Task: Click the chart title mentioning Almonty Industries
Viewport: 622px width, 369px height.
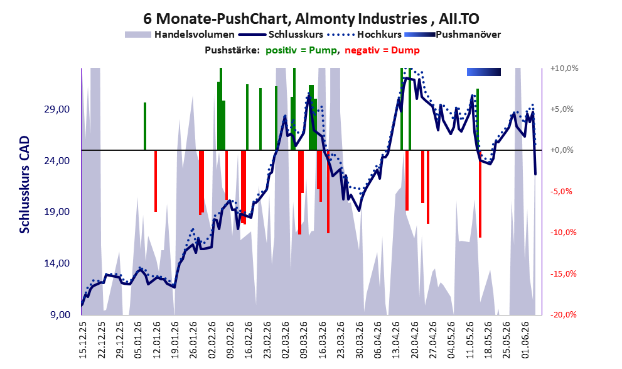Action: click(x=311, y=18)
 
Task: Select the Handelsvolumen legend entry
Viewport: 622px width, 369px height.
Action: click(x=180, y=35)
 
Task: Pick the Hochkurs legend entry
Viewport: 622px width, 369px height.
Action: click(x=365, y=35)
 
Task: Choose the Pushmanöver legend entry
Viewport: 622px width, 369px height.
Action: click(x=453, y=35)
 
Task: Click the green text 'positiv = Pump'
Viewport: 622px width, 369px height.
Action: click(x=301, y=50)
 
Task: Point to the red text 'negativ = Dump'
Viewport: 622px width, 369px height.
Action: click(x=382, y=50)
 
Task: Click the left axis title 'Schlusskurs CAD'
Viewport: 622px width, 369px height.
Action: click(x=24, y=185)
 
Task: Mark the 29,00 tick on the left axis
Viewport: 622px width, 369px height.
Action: click(x=59, y=109)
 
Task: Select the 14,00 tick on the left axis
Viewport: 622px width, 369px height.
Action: click(x=59, y=263)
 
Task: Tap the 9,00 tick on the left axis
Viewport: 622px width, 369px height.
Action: click(x=61, y=314)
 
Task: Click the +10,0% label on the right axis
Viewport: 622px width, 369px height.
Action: click(x=564, y=69)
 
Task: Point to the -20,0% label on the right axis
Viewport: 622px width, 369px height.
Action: click(x=563, y=314)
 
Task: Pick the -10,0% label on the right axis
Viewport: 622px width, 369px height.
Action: click(x=563, y=233)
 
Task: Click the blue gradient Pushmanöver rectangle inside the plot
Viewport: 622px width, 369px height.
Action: click(x=483, y=72)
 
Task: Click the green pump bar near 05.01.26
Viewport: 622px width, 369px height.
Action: click(x=145, y=126)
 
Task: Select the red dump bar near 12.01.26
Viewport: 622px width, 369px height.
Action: click(x=156, y=180)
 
